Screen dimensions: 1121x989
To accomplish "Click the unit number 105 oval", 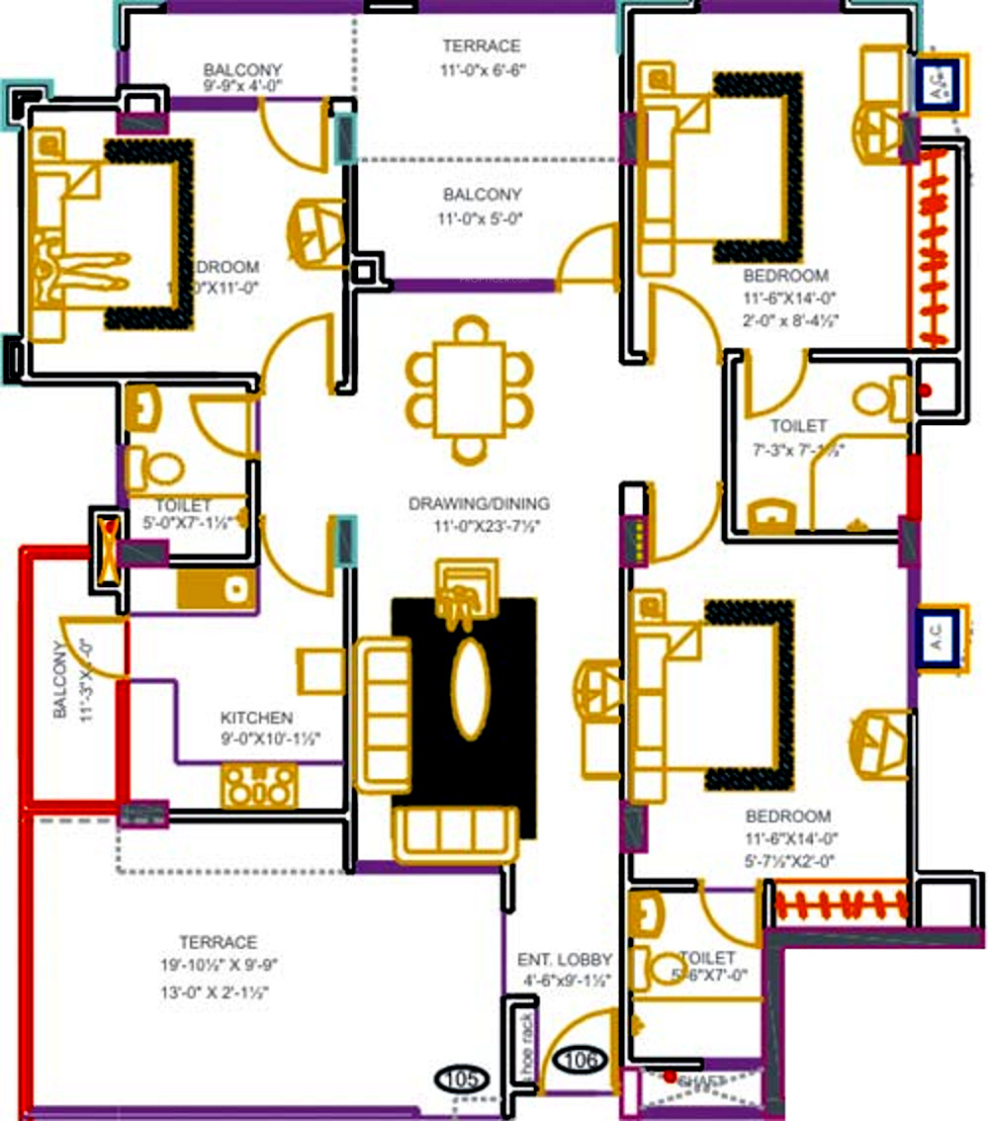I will [464, 1077].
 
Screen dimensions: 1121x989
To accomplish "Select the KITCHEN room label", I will [256, 718].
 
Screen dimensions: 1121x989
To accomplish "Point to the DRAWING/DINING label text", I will [479, 504].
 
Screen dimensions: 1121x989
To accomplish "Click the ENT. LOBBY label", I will [565, 960].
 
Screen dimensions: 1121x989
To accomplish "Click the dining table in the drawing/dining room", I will [470, 390].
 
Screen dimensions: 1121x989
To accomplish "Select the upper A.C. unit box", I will [940, 84].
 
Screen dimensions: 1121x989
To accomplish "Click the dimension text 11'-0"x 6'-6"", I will [481, 70].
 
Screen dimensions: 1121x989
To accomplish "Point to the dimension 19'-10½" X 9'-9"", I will [218, 967].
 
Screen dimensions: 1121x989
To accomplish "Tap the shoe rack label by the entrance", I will [527, 1044].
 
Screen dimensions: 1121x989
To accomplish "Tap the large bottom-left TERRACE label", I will [218, 943].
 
